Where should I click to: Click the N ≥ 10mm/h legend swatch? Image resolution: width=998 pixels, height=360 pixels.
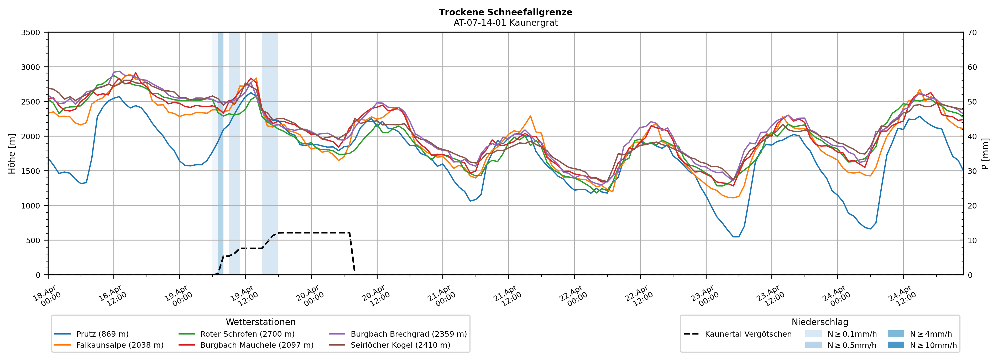(x=895, y=345)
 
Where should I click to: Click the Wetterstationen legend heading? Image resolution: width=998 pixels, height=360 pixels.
(x=260, y=322)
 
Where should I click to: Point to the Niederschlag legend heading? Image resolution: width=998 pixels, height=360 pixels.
(x=820, y=322)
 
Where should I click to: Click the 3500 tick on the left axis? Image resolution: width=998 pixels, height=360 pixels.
(x=31, y=33)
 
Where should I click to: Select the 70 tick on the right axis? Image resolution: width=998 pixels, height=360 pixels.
(x=972, y=33)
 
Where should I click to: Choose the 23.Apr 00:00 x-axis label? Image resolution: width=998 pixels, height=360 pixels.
(x=705, y=296)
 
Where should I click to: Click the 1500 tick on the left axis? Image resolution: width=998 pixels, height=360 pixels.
(x=31, y=171)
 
